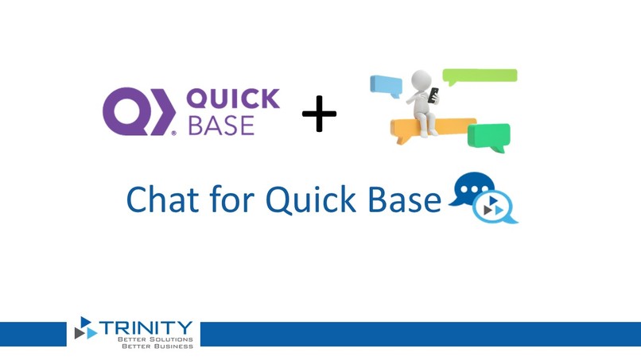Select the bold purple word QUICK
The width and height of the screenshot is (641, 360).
(x=232, y=99)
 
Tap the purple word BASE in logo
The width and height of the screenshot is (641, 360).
(x=221, y=126)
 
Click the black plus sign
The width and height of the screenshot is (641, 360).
(x=319, y=114)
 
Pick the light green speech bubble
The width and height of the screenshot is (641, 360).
(x=480, y=76)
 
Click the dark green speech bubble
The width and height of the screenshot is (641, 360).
(x=488, y=137)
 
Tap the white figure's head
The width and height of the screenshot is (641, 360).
(x=422, y=79)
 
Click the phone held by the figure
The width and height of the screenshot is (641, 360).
(x=433, y=95)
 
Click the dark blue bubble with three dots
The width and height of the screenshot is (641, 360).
(x=474, y=189)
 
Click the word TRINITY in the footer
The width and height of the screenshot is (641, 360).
(x=146, y=328)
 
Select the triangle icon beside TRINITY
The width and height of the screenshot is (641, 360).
(x=85, y=328)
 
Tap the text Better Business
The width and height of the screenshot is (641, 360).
(x=157, y=346)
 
